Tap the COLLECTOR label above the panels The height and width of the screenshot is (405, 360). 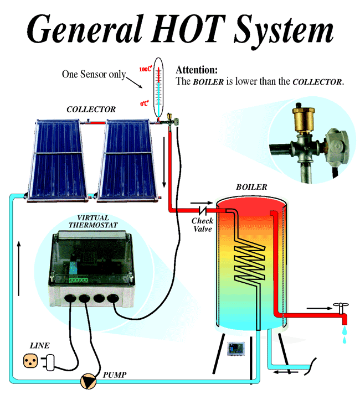point(91,109)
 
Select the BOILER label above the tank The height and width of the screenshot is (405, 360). point(251,188)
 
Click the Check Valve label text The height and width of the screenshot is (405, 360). point(202,225)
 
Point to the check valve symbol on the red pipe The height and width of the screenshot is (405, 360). point(203,211)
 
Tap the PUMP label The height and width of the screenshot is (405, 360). point(115,375)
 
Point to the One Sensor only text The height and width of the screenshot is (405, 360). point(94,74)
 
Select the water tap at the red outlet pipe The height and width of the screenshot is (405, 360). point(338,308)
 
